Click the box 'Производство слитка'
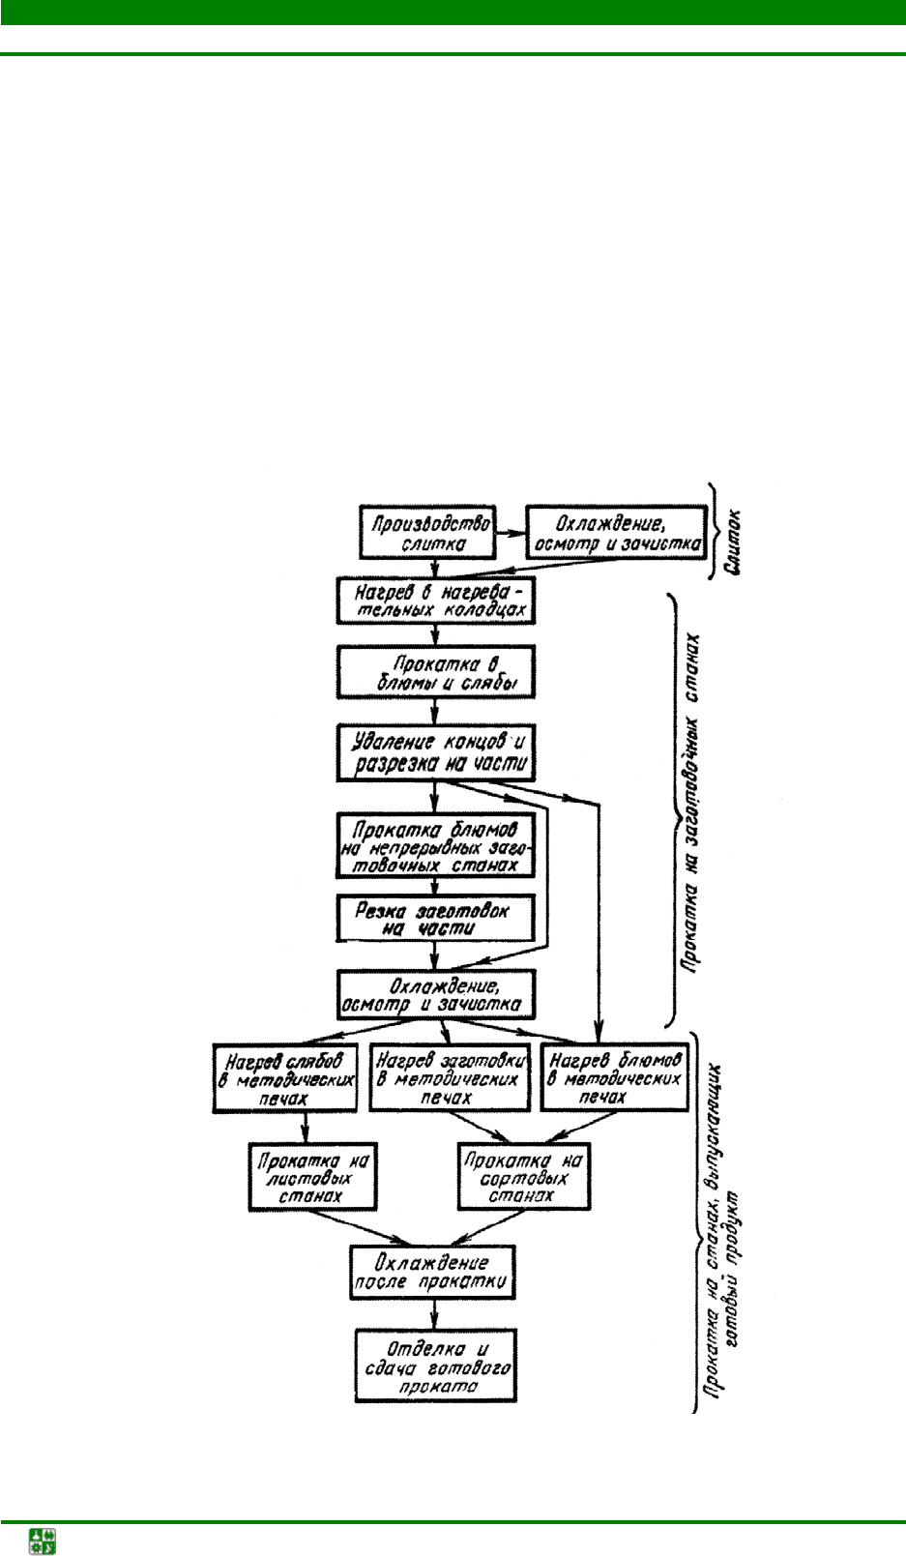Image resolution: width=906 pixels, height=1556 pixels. tap(426, 532)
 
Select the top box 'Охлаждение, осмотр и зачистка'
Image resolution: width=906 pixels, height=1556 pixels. tap(616, 532)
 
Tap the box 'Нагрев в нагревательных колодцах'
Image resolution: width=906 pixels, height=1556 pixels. tap(435, 601)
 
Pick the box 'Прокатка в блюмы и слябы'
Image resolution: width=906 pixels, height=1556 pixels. tap(435, 672)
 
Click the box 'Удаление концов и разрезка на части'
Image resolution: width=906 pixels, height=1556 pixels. tap(435, 752)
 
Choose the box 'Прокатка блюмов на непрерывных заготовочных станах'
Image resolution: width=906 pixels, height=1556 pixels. tap(435, 846)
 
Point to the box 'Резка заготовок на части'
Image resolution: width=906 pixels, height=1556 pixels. tap(435, 919)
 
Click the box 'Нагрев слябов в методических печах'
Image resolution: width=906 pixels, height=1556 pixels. tap(284, 1078)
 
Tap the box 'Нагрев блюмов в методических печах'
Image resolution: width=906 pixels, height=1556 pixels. tap(614, 1077)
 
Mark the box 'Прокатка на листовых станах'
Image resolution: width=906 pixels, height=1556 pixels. tap(311, 1177)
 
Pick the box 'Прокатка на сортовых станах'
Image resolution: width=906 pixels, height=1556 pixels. tap(523, 1177)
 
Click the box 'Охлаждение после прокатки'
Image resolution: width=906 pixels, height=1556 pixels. tap(431, 1272)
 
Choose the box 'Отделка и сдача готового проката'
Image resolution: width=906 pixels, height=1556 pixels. tap(436, 1365)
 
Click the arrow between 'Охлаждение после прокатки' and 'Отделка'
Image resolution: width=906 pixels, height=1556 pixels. tap(434, 1313)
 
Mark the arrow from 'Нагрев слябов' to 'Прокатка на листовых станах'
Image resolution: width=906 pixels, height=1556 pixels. tap(306, 1128)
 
